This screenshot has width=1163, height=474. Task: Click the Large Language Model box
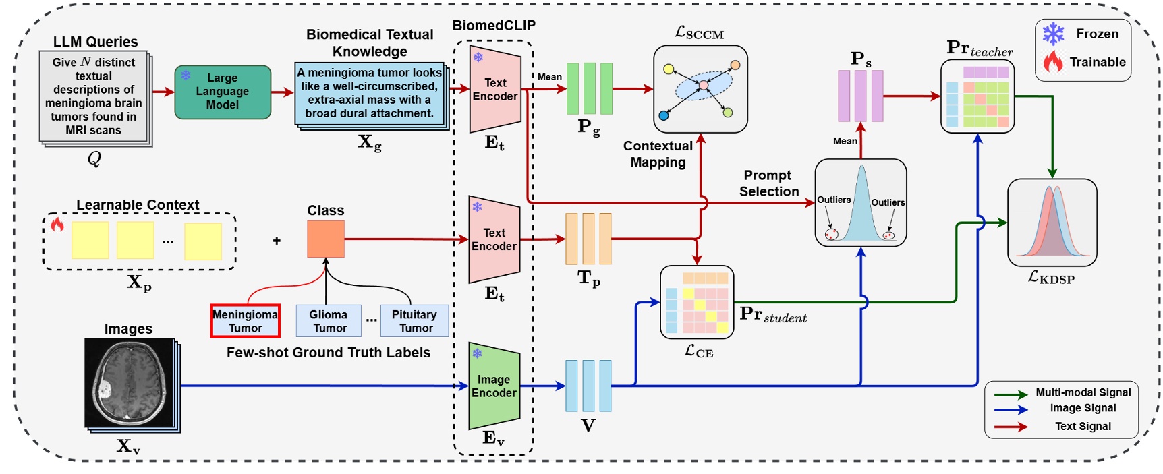point(223,92)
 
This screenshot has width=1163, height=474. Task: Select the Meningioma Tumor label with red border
point(245,321)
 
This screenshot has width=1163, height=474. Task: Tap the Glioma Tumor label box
point(329,321)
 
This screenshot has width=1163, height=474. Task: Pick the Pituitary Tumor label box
point(414,321)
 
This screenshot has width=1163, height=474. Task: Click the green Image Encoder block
point(494,386)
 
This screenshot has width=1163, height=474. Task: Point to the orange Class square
point(326,239)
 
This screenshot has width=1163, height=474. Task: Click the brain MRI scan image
point(130,382)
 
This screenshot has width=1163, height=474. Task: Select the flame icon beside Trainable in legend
point(1052,62)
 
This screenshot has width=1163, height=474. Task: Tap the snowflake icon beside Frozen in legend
point(1053,34)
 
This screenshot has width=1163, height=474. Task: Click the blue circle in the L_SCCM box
point(663,115)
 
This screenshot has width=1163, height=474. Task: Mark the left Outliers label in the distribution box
point(834,200)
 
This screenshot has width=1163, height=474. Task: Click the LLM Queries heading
point(95,42)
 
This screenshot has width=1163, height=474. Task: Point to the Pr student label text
point(773,315)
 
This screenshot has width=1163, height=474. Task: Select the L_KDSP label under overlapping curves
point(1051,277)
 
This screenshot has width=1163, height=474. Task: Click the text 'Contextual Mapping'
point(658,154)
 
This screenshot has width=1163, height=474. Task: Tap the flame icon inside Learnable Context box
point(57,225)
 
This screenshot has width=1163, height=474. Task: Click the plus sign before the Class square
point(277,241)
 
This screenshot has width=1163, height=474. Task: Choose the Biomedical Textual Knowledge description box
point(370,93)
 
